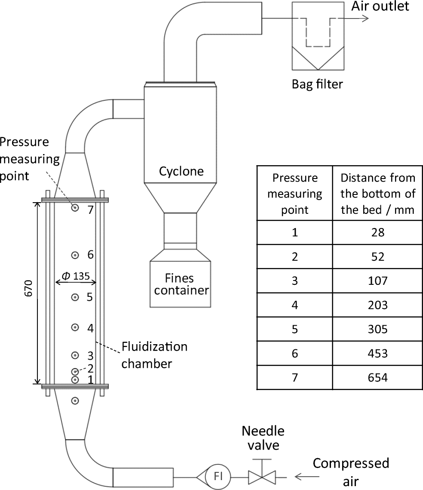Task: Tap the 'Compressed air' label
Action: pyautogui.click(x=350, y=471)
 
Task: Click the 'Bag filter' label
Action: pyautogui.click(x=318, y=83)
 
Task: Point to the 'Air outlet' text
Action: pyautogui.click(x=380, y=6)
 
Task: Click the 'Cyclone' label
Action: pyautogui.click(x=181, y=172)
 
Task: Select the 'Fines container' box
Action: pyautogui.click(x=181, y=284)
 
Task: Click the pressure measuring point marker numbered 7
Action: pyautogui.click(x=75, y=208)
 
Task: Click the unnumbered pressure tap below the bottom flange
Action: pyautogui.click(x=75, y=401)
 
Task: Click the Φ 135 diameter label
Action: pyautogui.click(x=76, y=276)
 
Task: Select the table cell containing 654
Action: pyautogui.click(x=378, y=377)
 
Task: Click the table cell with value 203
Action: pyautogui.click(x=378, y=305)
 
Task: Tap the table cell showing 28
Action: pyautogui.click(x=378, y=232)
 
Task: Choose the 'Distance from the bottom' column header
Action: pyautogui.click(x=378, y=193)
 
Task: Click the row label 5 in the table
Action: pyautogui.click(x=294, y=329)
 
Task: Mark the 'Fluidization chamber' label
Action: pyautogui.click(x=154, y=355)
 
